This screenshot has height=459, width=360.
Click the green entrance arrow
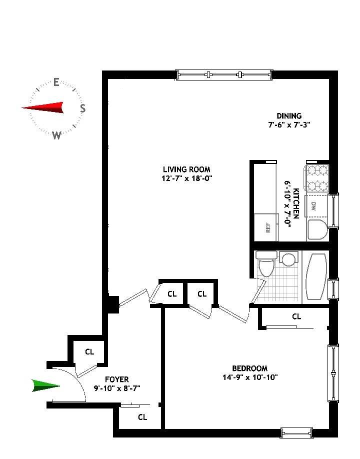(x=45, y=385)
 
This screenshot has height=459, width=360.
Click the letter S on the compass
(x=83, y=108)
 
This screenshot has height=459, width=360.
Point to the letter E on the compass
(x=56, y=82)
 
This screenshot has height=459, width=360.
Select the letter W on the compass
(x=56, y=135)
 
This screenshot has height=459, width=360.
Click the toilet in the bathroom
(x=265, y=263)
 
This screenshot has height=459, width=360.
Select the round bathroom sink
(x=288, y=259)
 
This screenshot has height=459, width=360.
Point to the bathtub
(x=316, y=276)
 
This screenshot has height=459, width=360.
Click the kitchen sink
(x=316, y=229)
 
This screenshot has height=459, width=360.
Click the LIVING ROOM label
(x=186, y=169)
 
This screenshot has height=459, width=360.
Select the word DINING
(x=289, y=116)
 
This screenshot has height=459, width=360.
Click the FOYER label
(x=117, y=379)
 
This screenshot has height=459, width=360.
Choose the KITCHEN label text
(x=296, y=203)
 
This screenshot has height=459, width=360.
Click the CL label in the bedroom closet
(x=296, y=316)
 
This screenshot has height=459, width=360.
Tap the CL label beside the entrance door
(x=89, y=352)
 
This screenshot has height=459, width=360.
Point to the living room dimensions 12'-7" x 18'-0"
(x=186, y=178)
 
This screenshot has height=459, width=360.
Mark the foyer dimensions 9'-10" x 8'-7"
(x=119, y=388)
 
